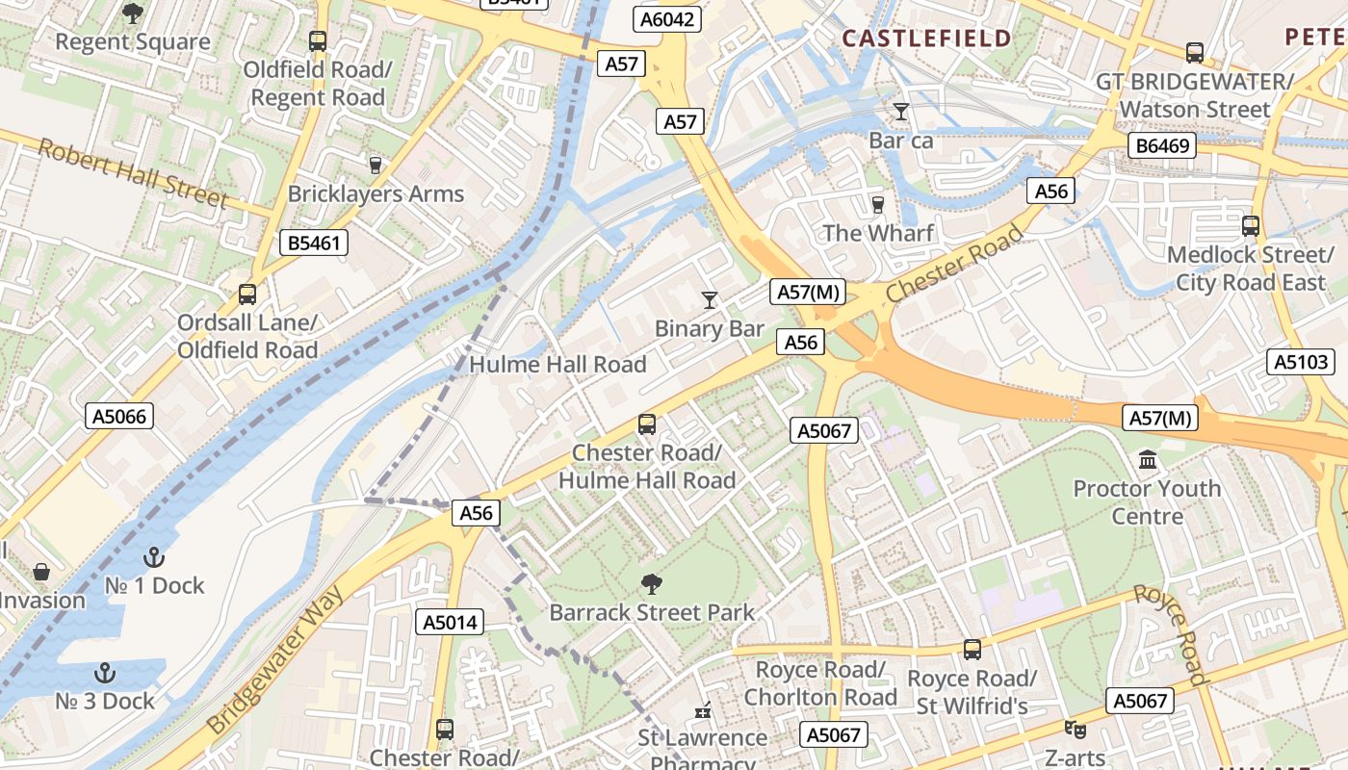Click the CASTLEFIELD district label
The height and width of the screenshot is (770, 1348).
926,38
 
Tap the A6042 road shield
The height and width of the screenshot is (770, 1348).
667,19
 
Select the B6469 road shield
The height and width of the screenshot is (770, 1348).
1162,145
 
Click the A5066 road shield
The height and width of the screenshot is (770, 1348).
119,416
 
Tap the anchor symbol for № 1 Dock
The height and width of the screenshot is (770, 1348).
153,557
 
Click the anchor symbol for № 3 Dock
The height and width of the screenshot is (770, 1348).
105,673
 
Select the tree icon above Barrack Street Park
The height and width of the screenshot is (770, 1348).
651,583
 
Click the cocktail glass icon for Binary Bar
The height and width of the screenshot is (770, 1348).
710,300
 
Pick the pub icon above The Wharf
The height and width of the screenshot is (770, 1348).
877,204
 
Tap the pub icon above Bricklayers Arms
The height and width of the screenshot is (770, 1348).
375,165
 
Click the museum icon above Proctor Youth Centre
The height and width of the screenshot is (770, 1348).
1148,460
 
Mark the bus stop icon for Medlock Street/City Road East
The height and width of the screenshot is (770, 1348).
1250,226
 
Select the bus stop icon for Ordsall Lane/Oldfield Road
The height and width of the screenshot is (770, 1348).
247,294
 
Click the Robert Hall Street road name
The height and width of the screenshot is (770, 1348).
133,173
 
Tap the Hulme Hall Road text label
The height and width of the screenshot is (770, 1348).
557,365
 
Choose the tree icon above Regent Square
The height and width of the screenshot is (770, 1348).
133,13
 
